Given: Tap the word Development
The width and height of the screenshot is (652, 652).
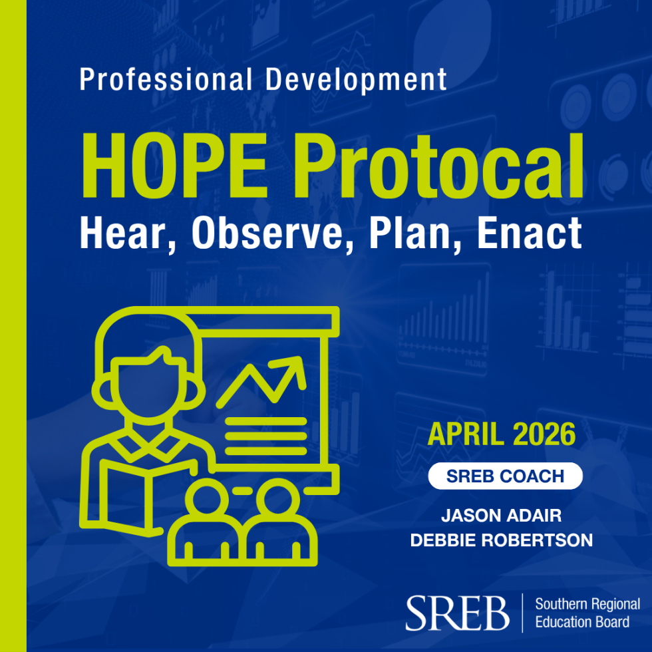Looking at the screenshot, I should tap(356, 80).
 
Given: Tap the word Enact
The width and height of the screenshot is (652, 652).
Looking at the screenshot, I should tap(530, 234).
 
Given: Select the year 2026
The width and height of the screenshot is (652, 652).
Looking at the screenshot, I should tap(544, 434).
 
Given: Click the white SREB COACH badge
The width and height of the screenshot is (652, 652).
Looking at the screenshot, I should tap(505, 476).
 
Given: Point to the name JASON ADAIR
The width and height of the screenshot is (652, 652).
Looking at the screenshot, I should tap(501, 516).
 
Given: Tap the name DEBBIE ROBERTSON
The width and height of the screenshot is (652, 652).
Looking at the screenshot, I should tap(501, 540).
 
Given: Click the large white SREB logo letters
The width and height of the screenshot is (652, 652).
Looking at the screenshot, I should tap(457, 612).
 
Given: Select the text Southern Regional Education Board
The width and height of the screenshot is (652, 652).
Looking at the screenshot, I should tap(587, 613).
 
